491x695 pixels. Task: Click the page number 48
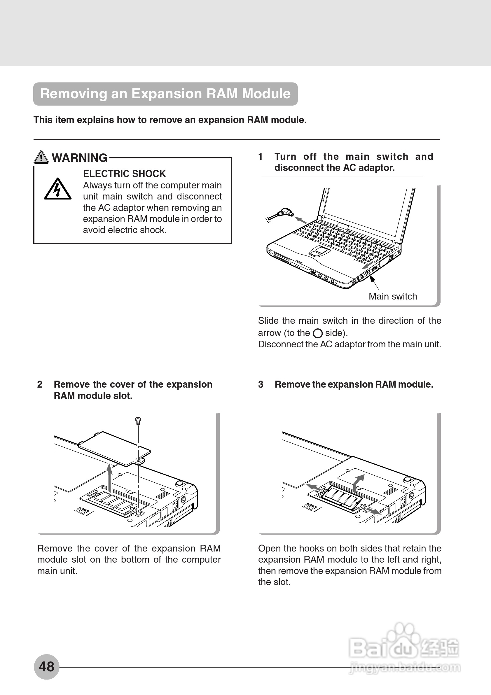(x=46, y=666)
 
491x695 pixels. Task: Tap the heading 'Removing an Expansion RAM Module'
(x=165, y=94)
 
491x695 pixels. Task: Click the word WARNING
(x=79, y=158)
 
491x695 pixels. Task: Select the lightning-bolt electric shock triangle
(x=57, y=190)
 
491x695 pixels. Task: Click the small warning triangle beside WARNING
(x=41, y=157)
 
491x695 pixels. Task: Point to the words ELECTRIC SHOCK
(x=124, y=174)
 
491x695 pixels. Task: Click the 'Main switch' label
(x=393, y=296)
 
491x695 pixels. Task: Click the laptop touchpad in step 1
(x=319, y=251)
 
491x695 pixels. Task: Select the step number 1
(x=260, y=157)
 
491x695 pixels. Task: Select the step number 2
(x=40, y=384)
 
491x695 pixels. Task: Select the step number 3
(x=261, y=384)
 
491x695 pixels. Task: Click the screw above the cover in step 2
(x=138, y=420)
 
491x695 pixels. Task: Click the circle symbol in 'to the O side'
(x=317, y=333)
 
